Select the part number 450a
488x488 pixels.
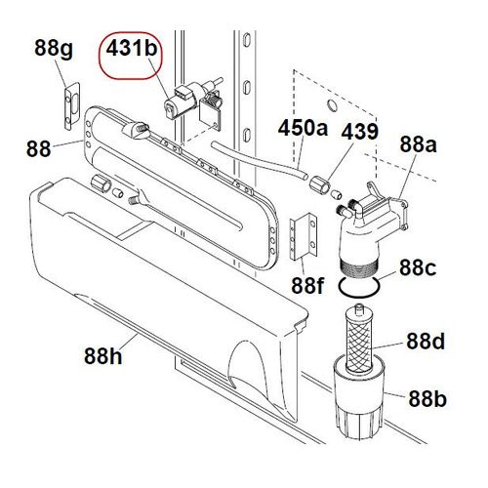click(x=304, y=127)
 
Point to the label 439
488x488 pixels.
click(x=360, y=130)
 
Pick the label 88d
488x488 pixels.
click(x=427, y=343)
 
